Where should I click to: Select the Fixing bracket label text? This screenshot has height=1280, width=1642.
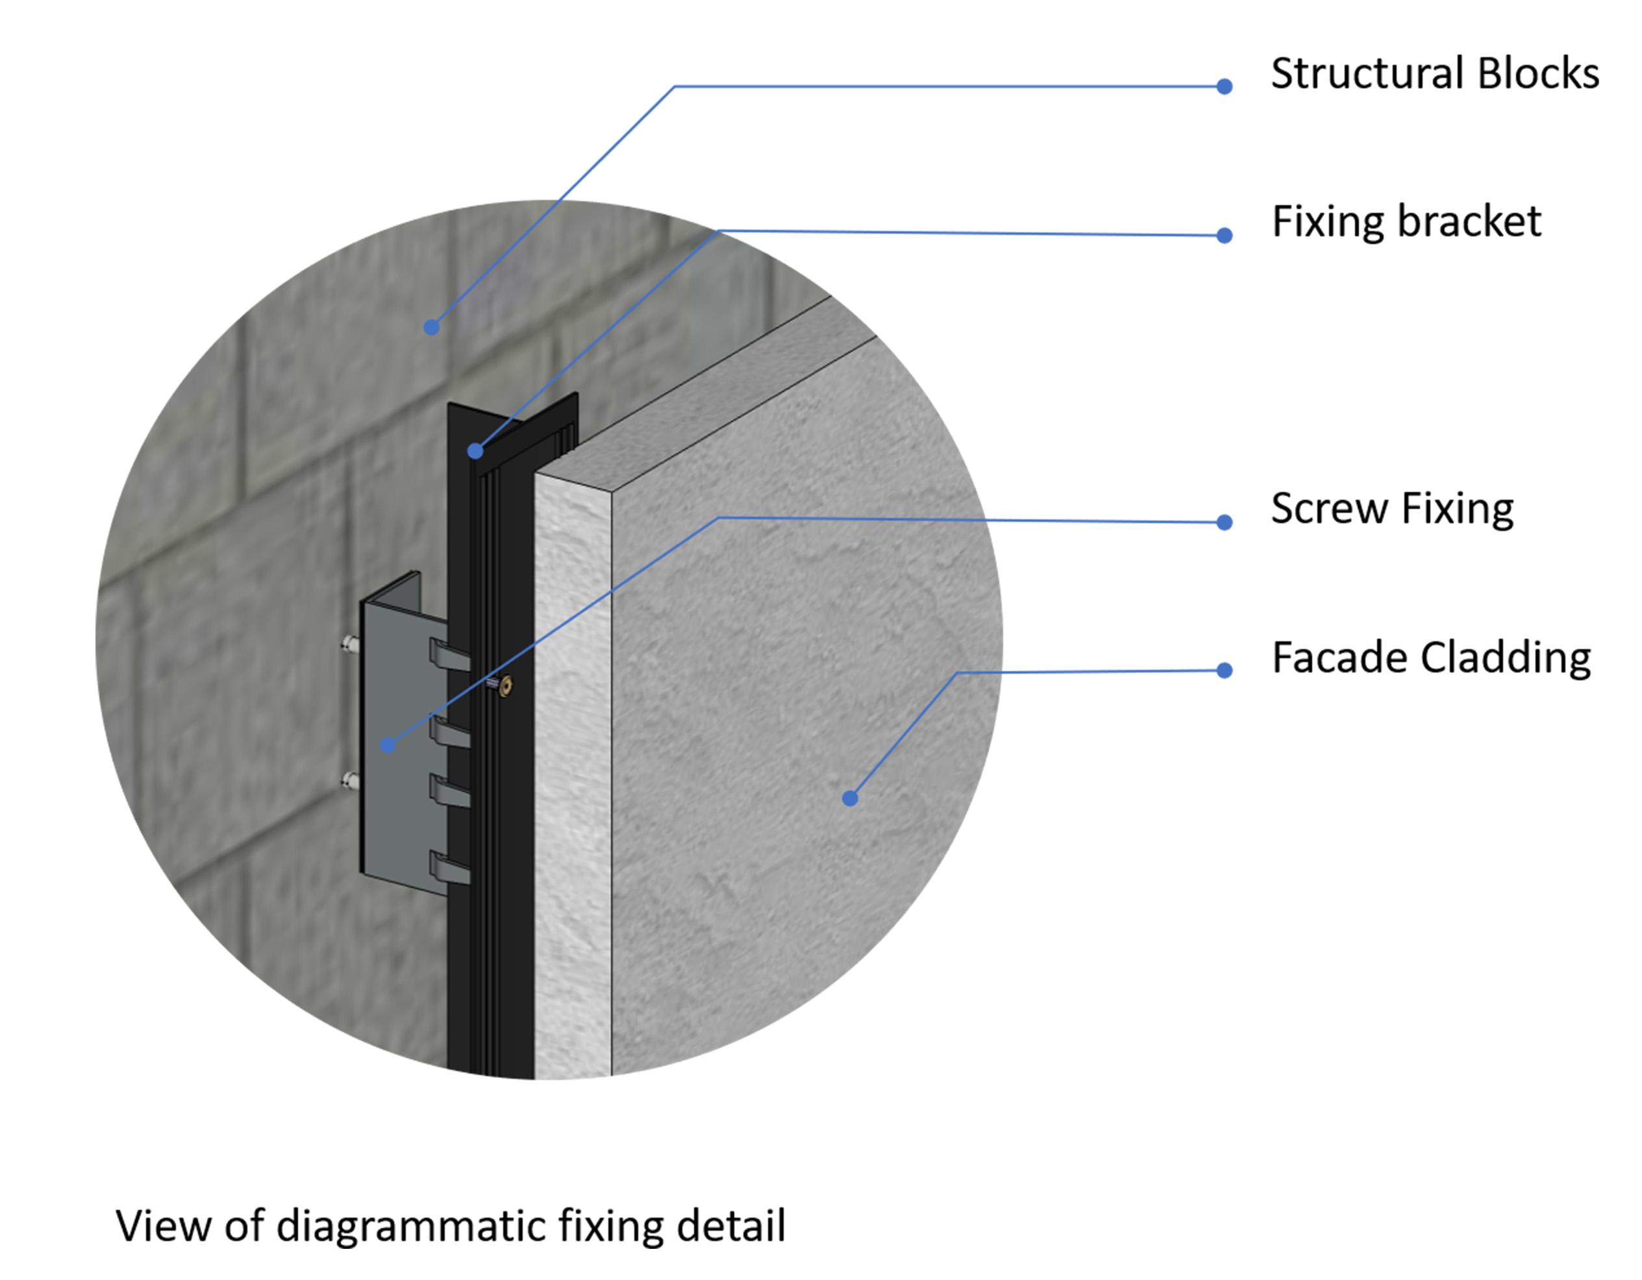(x=1405, y=222)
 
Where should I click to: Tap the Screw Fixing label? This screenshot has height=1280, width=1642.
(x=1391, y=509)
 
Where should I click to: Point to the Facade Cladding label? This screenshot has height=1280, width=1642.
(x=1431, y=658)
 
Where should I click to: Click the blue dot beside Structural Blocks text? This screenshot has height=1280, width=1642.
(x=1224, y=86)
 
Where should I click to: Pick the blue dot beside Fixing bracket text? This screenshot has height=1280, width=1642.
(x=1224, y=235)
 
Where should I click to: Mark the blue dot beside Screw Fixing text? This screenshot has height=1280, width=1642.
(x=1224, y=522)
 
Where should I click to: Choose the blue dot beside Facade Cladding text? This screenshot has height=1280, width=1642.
(x=1224, y=670)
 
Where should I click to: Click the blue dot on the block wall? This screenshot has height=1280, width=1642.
(x=431, y=327)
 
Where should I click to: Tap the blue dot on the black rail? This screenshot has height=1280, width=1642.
(x=475, y=451)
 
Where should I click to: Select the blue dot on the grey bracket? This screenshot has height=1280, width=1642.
(x=387, y=745)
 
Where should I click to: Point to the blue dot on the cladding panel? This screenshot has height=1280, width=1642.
(x=850, y=798)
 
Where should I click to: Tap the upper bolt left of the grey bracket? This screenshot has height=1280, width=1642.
(x=349, y=643)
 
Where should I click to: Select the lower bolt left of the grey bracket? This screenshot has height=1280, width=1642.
(x=349, y=780)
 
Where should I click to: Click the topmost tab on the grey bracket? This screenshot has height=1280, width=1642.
(x=449, y=654)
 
